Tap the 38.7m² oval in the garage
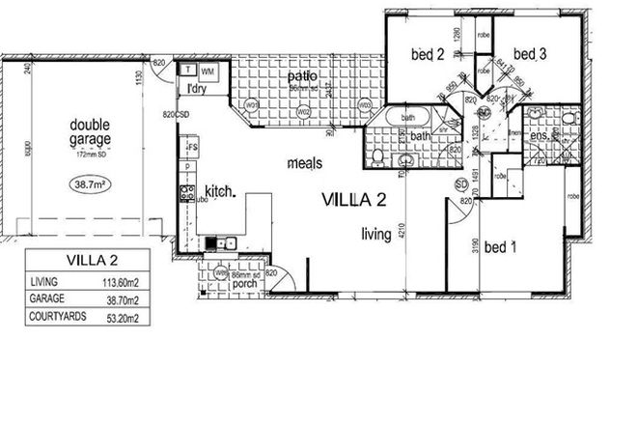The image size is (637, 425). tap(89, 181)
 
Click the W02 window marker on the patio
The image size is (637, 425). tap(303, 111)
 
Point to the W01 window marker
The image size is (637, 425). tap(253, 103)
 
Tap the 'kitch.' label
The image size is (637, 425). tap(220, 191)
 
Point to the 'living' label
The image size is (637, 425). tap(374, 233)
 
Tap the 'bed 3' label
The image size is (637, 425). tap(530, 55)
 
